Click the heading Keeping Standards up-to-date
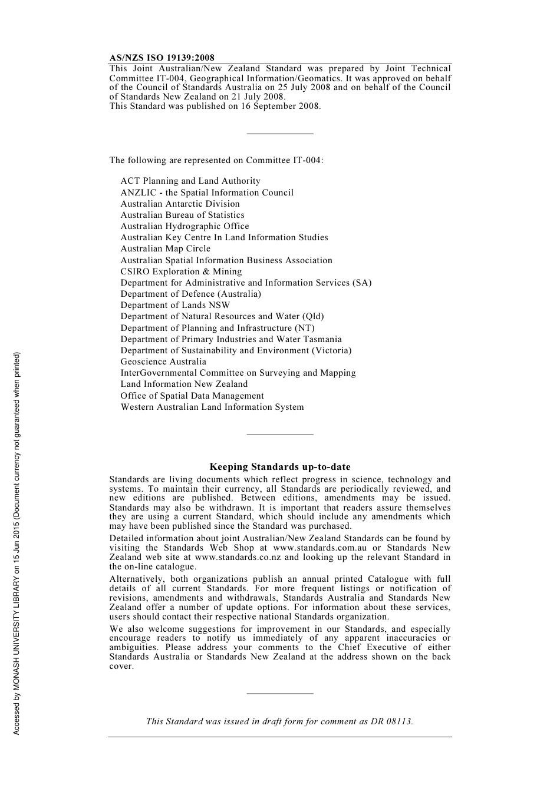tap(280, 467)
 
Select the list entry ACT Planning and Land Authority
tap(190, 181)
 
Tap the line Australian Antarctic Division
tap(180, 204)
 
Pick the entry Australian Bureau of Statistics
tap(183, 215)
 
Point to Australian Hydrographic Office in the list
tap(185, 226)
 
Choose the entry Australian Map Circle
tap(166, 248)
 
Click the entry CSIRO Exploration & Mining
tap(182, 271)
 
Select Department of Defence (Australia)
tap(191, 294)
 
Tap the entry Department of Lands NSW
tap(176, 305)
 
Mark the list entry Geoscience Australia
tap(164, 362)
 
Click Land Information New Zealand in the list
tap(185, 384)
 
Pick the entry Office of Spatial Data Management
tap(192, 396)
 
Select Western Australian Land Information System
tap(212, 407)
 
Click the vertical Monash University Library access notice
tap(17, 544)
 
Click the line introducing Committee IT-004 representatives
tap(216, 160)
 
